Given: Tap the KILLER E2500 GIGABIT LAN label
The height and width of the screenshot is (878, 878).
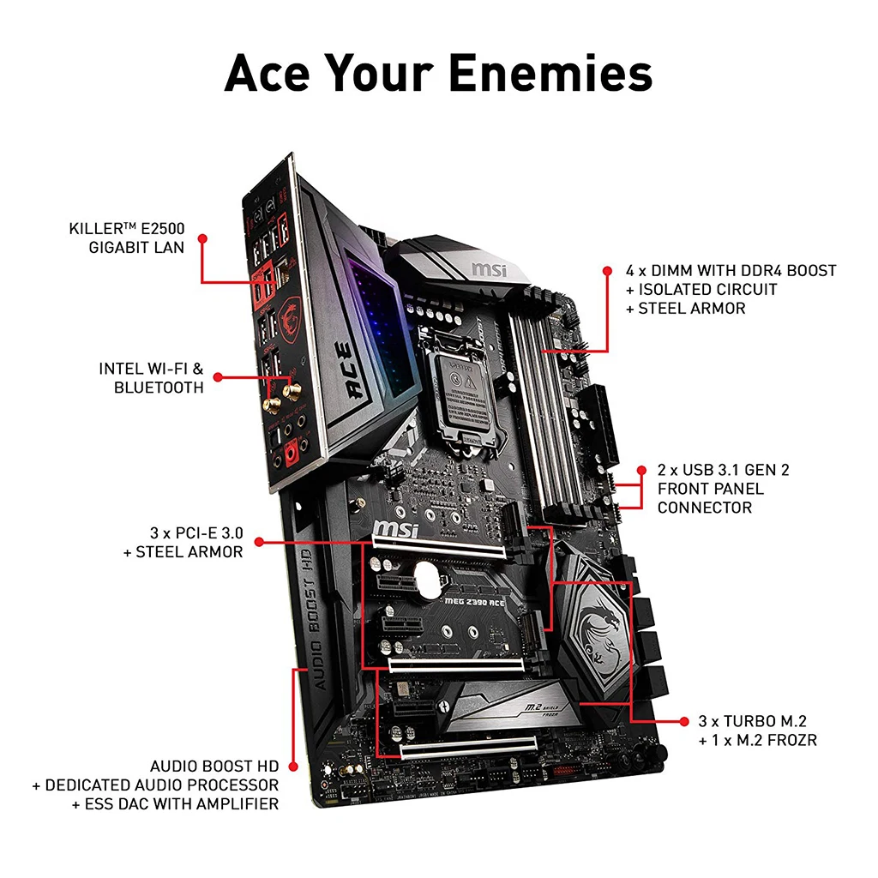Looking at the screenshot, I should tap(126, 238).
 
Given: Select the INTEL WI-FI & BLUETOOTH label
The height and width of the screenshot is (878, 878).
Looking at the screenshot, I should tap(151, 378).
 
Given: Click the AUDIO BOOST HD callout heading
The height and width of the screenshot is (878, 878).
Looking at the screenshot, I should tap(213, 766).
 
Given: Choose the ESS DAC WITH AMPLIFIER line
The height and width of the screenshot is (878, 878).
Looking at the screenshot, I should tap(175, 803).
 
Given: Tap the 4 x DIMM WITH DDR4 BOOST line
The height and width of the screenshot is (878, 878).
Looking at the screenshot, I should tap(731, 271).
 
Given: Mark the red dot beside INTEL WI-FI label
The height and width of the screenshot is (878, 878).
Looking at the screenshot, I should tap(217, 377).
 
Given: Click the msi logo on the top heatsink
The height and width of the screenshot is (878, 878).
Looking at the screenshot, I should tap(489, 269).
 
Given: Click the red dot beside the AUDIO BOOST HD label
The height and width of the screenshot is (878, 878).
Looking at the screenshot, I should tap(292, 766).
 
